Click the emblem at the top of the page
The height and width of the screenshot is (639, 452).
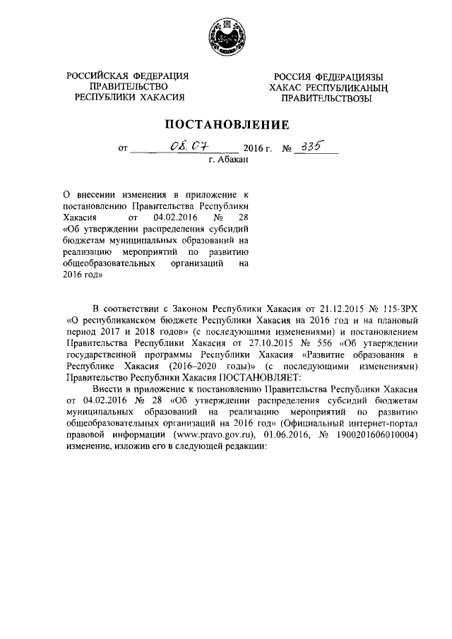[x=226, y=35]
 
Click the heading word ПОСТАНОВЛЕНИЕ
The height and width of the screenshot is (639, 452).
[x=227, y=126]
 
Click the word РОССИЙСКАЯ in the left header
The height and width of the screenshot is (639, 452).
[x=95, y=76]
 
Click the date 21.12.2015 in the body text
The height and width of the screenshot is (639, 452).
[x=311, y=309]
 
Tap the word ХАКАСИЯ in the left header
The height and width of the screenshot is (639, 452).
[x=160, y=98]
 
